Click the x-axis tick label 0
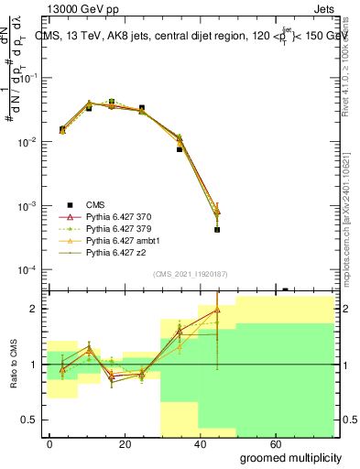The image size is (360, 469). tap(49, 442)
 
